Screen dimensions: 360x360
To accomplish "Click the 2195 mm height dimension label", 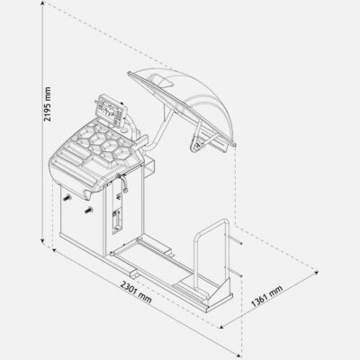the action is (x=47, y=104).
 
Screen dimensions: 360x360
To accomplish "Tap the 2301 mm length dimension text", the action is (x=136, y=292).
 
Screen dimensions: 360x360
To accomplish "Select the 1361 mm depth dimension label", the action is (x=267, y=296).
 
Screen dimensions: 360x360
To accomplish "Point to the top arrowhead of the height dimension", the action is (x=43, y=4).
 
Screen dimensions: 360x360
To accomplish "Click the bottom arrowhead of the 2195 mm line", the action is (x=43, y=240).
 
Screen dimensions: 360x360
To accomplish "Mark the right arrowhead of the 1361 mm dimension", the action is (x=316, y=272).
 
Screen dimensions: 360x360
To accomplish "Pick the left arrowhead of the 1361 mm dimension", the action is (x=222, y=327).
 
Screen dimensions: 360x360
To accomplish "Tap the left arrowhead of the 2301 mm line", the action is (x=54, y=250).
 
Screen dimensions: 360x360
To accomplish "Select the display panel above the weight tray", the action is (x=111, y=110).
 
